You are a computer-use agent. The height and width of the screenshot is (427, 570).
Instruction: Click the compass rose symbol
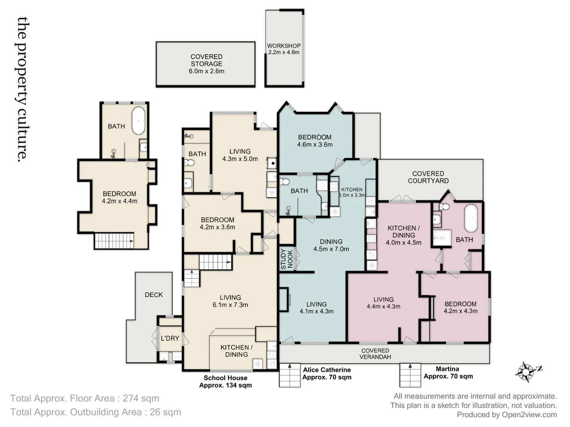pyautogui.click(x=526, y=372)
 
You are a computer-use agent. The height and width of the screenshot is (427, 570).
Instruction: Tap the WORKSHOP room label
pyautogui.click(x=283, y=46)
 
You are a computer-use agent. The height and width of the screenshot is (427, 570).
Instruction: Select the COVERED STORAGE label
pyautogui.click(x=206, y=60)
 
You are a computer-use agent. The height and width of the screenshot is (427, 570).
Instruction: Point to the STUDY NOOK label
pyautogui.click(x=287, y=259)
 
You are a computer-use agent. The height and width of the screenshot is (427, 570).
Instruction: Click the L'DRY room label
pyautogui.click(x=170, y=338)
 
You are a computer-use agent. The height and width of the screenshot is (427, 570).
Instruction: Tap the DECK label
pyautogui.click(x=154, y=295)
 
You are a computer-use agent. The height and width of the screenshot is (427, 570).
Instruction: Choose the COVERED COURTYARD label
pyautogui.click(x=428, y=177)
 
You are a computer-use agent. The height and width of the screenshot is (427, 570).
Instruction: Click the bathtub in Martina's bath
pyautogui.click(x=471, y=218)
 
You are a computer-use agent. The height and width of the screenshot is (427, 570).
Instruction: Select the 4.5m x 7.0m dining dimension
pyautogui.click(x=331, y=249)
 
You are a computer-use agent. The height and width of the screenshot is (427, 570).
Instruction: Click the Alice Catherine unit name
pyautogui.click(x=327, y=370)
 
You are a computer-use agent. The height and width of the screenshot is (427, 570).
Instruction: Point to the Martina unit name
pyautogui.click(x=447, y=369)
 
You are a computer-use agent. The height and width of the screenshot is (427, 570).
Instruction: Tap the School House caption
pyautogui.click(x=225, y=378)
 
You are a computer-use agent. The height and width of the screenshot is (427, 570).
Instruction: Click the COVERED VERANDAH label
pyautogui.click(x=375, y=354)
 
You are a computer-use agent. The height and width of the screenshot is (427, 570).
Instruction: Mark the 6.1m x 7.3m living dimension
pyautogui.click(x=230, y=305)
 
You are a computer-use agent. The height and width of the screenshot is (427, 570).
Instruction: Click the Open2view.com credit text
pyautogui.click(x=529, y=415)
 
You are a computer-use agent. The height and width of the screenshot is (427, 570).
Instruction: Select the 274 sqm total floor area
pyautogui.click(x=141, y=399)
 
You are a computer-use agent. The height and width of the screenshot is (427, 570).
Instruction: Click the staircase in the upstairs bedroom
pyautogui.click(x=114, y=241)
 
